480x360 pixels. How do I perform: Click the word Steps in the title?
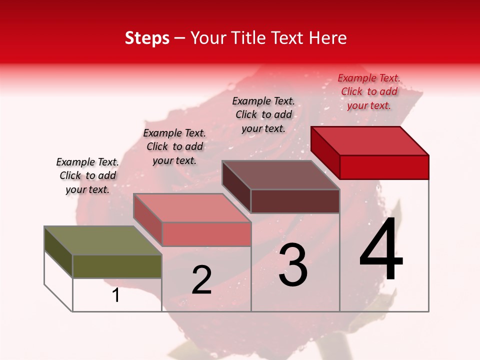[x=147, y=38]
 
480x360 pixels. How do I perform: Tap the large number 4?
[x=381, y=249]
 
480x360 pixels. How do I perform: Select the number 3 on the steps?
[x=293, y=265]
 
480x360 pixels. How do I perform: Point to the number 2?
[x=201, y=280]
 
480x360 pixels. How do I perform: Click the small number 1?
[x=116, y=295]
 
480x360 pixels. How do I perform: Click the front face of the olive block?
[x=117, y=266]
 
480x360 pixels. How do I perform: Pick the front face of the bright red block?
[x=384, y=167]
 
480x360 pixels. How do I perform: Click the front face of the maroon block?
[x=295, y=201]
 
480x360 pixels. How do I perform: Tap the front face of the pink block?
[x=206, y=234]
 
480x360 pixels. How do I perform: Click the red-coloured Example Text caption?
[x=369, y=91]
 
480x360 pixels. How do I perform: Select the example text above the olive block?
[x=87, y=175]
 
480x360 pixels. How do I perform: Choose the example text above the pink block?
[x=174, y=146]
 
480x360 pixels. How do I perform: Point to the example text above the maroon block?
[x=263, y=114]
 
